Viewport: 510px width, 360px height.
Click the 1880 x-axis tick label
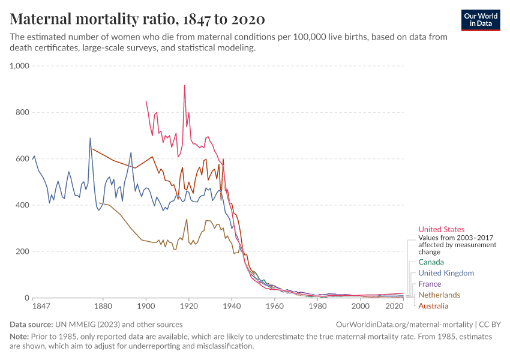point(103,306)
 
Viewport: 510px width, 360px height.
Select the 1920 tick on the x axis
point(189,306)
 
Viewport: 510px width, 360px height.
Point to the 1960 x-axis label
point(275,306)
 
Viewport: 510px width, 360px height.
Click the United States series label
point(441,229)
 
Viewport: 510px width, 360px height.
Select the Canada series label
point(431,262)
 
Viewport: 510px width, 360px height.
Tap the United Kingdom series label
point(446,273)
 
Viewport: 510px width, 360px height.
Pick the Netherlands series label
point(439,295)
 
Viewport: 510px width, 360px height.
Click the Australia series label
point(433,306)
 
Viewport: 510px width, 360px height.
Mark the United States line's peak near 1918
point(184,85)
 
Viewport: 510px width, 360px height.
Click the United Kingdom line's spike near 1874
point(90,138)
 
